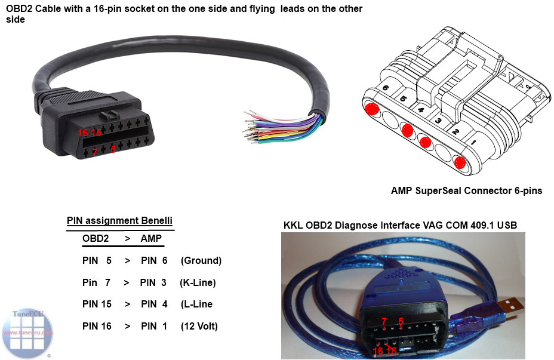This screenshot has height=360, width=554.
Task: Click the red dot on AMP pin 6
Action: coord(373,109)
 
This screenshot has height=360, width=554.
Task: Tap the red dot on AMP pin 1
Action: coord(459,162)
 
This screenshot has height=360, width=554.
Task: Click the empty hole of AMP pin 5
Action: coord(390,119)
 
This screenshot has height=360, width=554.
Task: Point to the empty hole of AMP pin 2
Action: coord(443,152)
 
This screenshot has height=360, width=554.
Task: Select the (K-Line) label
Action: coord(198,282)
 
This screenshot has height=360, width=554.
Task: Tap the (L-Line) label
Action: coord(196,304)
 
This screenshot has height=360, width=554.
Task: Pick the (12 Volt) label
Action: coord(199,327)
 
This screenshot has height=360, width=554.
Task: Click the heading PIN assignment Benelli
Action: coord(119,221)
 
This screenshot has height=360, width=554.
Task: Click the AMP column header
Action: coord(151,238)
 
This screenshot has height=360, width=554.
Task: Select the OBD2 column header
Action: coord(96,238)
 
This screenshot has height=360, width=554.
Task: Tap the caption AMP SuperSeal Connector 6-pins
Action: coord(466,191)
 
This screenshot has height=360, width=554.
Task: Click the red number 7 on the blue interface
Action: coord(384,321)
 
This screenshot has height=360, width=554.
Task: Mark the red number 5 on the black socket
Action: coord(113,149)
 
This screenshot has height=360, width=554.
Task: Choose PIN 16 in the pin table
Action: coord(97,327)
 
